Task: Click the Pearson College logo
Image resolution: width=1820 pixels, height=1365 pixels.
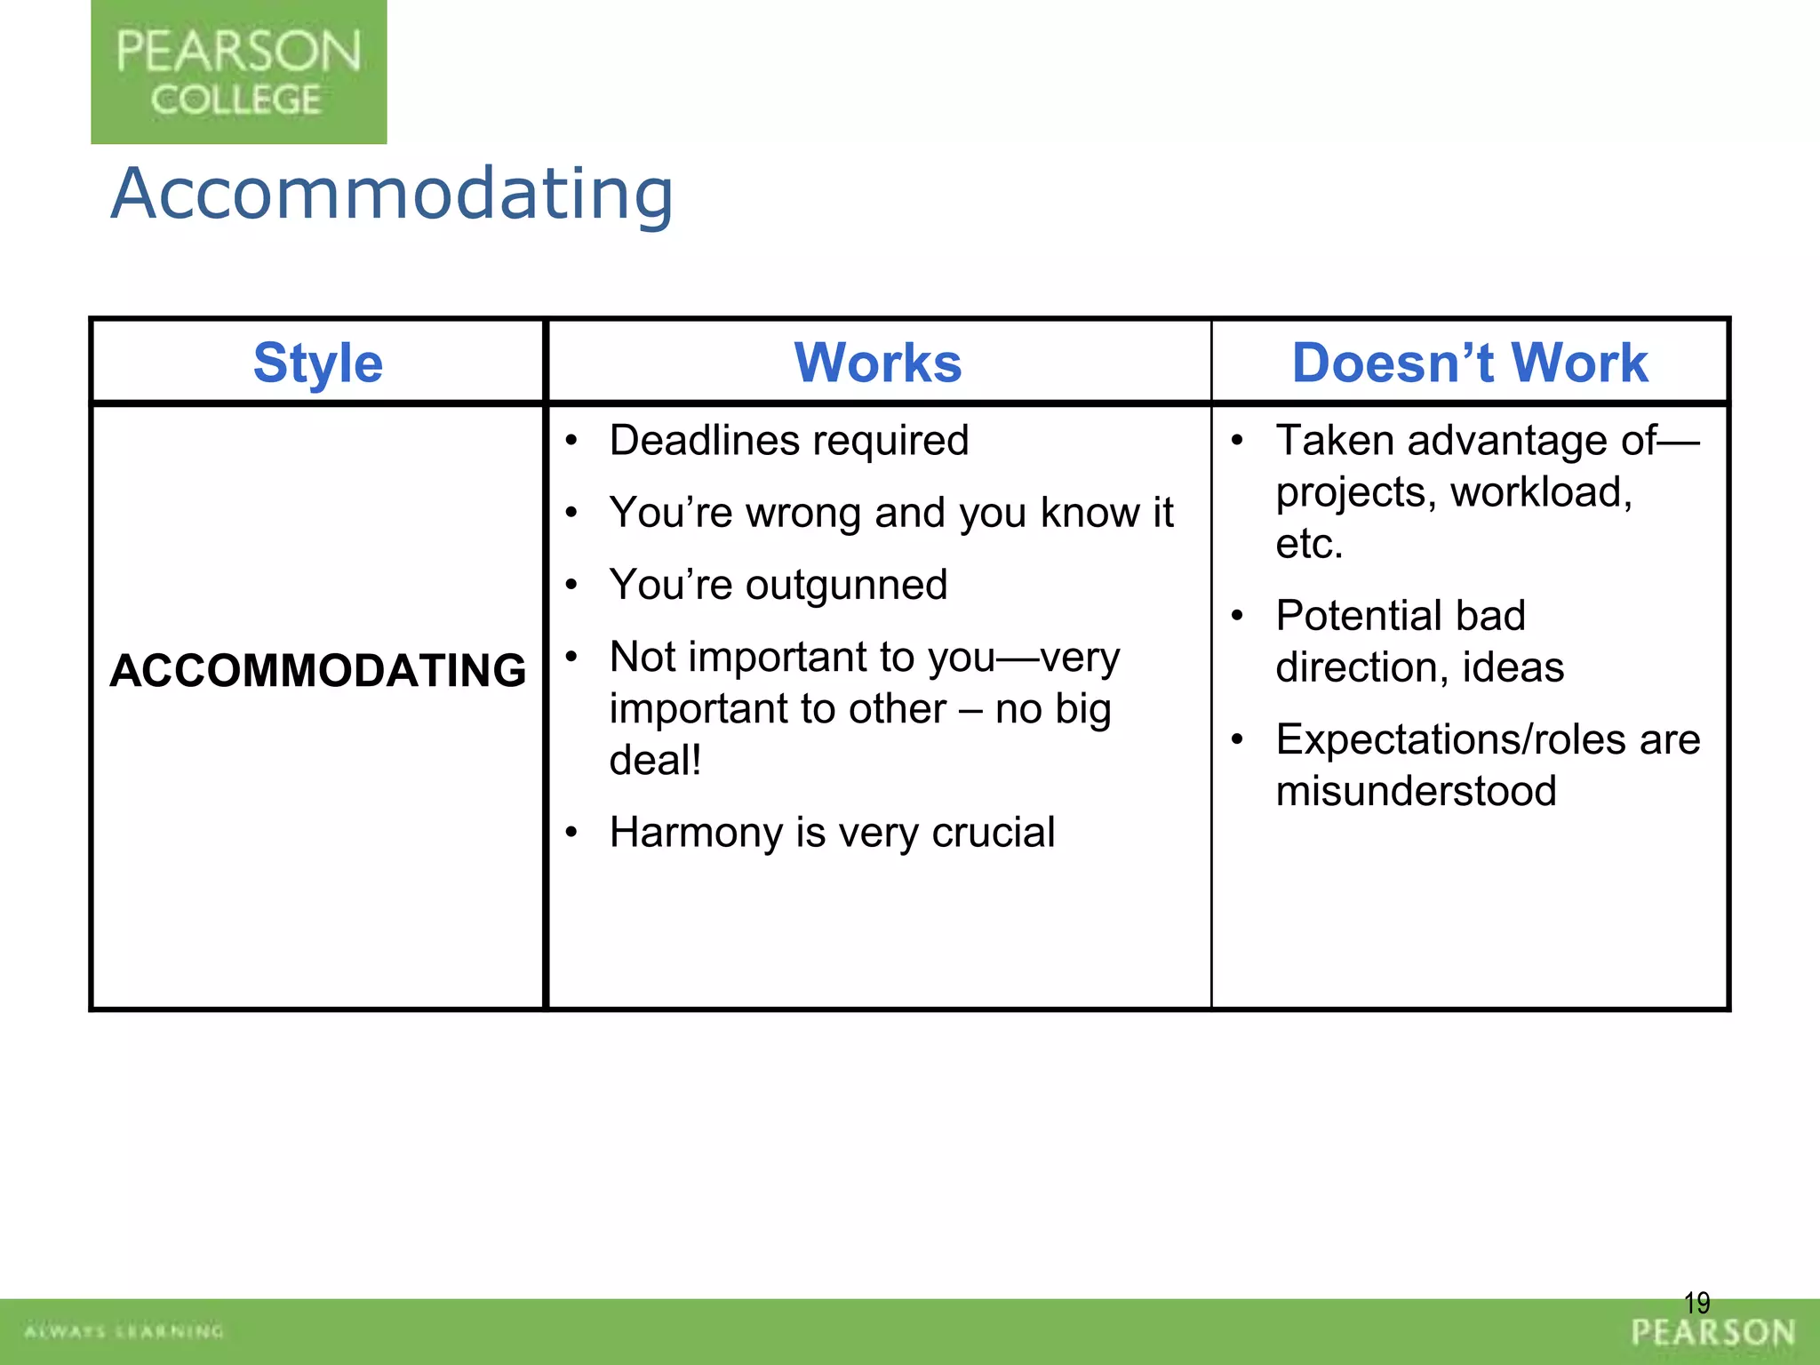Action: (238, 72)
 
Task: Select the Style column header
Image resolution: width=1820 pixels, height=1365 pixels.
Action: (317, 363)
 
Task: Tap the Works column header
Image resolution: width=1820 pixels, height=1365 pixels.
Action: (877, 363)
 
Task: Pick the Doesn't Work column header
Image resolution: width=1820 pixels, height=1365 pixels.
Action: (1469, 363)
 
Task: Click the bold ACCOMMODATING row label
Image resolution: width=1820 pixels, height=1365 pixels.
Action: (317, 670)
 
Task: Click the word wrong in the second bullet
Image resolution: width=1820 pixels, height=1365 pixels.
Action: (805, 513)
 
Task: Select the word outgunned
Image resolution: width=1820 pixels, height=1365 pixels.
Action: (846, 585)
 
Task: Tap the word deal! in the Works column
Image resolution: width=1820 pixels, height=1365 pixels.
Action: (655, 760)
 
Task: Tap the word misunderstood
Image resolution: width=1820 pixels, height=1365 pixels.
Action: (1416, 791)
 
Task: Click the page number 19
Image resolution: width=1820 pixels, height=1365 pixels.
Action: (1696, 1303)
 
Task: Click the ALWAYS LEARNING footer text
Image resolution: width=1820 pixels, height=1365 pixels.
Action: (124, 1331)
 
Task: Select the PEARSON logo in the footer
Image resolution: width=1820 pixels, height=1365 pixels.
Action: (1712, 1332)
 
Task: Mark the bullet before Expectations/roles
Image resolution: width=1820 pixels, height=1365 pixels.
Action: (1236, 739)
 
